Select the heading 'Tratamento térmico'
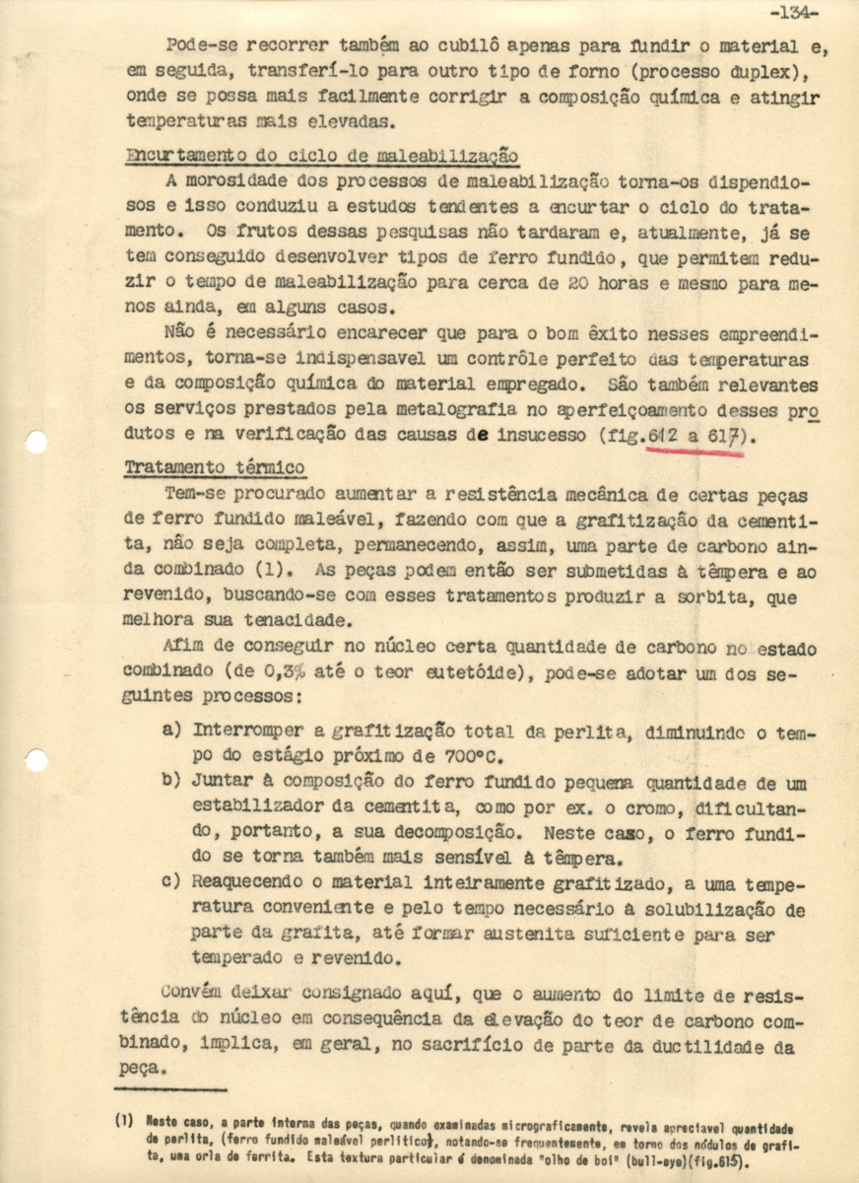tap(215, 467)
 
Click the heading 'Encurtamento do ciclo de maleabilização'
tap(322, 156)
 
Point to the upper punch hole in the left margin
tap(35, 442)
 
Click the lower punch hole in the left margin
tap(35, 760)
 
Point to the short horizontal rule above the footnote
tap(170, 1089)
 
